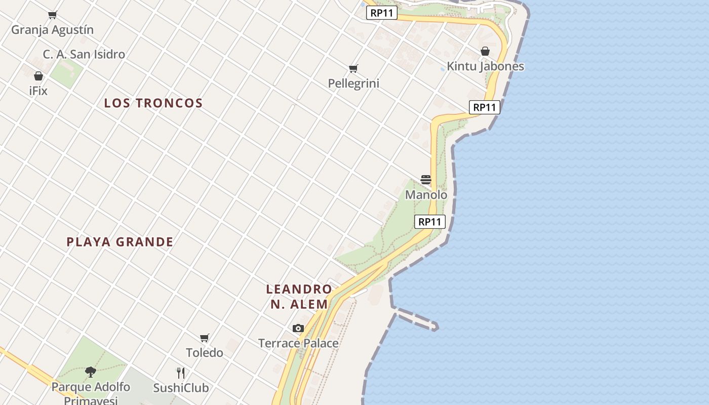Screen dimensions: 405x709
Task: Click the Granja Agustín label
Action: click(52, 30)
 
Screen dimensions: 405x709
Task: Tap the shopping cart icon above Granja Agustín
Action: click(52, 15)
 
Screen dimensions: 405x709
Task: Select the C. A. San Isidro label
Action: click(84, 54)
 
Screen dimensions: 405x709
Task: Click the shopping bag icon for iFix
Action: click(38, 76)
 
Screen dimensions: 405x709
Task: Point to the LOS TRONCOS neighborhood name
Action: click(153, 103)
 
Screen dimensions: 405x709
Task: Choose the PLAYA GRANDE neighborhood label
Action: click(120, 242)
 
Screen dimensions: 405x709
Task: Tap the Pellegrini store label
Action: click(353, 84)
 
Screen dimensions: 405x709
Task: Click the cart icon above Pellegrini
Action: click(353, 68)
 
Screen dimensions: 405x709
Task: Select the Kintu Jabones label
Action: click(485, 66)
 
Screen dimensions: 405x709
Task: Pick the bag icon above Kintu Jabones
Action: click(485, 51)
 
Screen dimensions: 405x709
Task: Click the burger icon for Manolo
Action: click(426, 180)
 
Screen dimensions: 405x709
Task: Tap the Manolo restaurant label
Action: click(426, 195)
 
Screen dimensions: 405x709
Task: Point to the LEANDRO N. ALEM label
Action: click(299, 297)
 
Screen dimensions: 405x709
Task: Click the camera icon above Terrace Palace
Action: click(298, 328)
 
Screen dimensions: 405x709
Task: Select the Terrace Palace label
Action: click(298, 343)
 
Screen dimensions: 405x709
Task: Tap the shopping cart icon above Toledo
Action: click(205, 338)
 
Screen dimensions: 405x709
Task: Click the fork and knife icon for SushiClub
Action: click(181, 373)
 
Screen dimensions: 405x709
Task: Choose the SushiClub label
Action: click(181, 388)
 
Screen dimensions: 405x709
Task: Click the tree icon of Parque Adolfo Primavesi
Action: click(91, 372)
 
